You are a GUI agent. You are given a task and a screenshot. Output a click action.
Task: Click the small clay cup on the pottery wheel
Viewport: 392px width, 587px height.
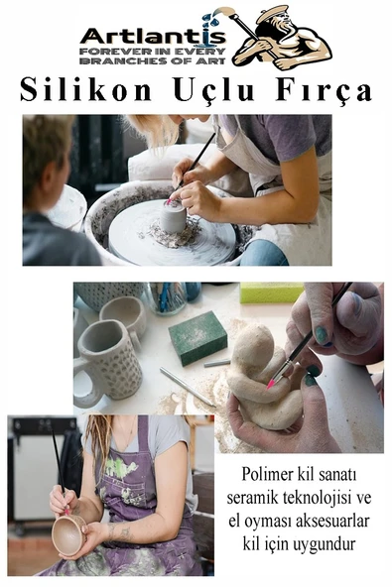coord(175,216)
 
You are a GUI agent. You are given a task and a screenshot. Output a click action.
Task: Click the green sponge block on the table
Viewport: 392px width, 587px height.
coord(196,337)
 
